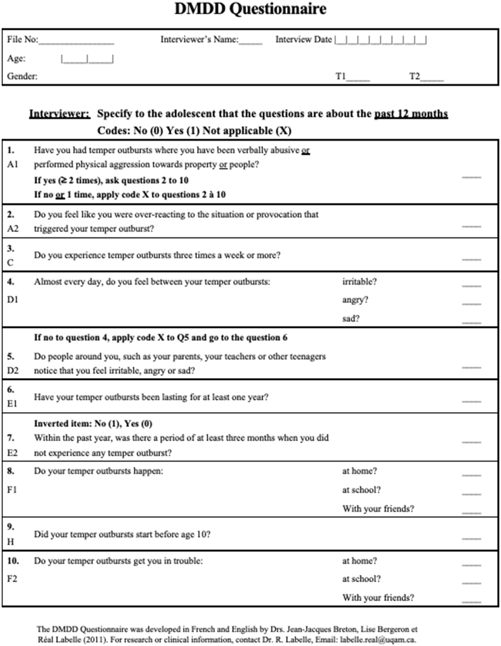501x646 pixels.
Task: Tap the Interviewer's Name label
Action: [199, 39]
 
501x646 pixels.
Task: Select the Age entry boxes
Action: [87, 59]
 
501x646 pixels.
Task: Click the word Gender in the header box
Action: [22, 76]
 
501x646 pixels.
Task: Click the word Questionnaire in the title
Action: [278, 9]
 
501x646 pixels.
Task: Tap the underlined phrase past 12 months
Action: [411, 114]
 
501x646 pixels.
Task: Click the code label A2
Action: [13, 229]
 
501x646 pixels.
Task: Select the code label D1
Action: [13, 300]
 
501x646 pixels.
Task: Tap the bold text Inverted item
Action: [62, 424]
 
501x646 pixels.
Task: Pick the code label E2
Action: [13, 453]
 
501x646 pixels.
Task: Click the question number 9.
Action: [11, 527]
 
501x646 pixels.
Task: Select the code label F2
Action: [13, 579]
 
